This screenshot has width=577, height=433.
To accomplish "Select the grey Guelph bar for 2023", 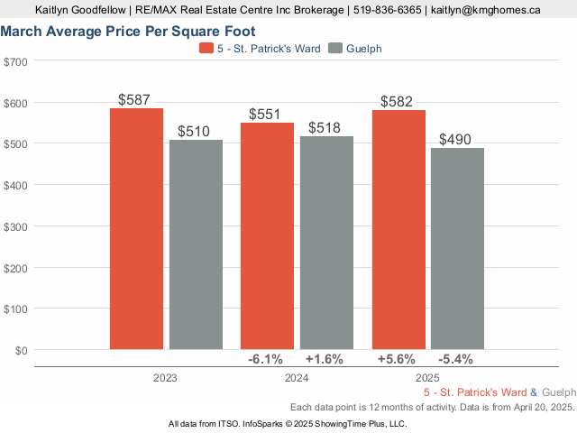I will point(196,244).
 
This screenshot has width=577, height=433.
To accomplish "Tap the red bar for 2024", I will point(267,235).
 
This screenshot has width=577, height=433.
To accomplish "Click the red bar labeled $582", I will point(398,229).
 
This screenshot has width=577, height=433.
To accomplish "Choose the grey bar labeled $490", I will point(457,248).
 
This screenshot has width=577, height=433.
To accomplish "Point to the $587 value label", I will point(136,100).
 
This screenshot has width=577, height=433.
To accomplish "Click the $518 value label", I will point(325,128).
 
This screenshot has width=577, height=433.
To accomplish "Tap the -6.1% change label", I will point(266,359).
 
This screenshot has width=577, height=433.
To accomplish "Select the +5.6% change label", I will point(398,359).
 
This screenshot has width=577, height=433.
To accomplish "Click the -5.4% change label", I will point(456,359).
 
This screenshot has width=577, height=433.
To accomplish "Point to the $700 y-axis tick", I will point(16,61).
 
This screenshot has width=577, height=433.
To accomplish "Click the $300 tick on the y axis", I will point(16,226).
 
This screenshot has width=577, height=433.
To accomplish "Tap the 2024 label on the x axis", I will point(297,379).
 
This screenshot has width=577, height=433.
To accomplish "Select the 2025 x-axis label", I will point(427,379).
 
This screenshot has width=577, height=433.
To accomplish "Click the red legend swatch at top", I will point(206,48).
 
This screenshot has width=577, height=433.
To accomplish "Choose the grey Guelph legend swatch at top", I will point(337,48).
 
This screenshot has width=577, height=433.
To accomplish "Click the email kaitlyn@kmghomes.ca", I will point(485,10).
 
